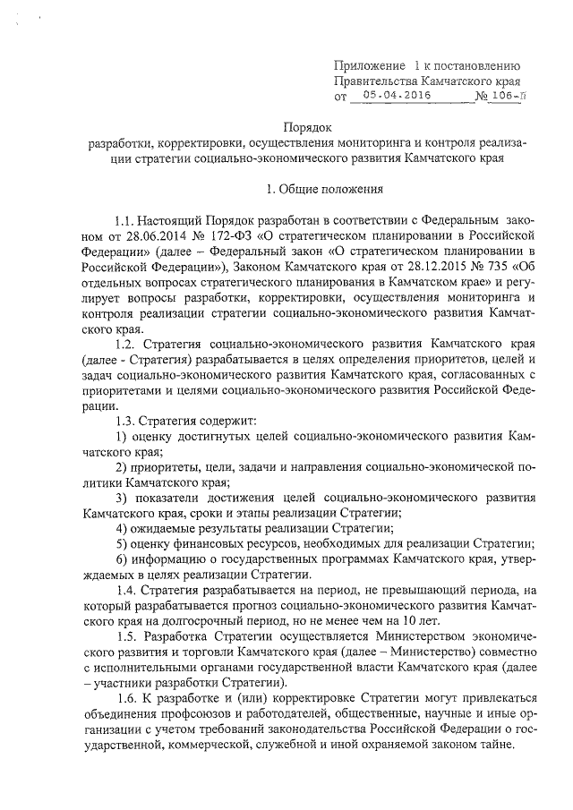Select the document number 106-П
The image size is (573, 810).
click(x=507, y=94)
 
